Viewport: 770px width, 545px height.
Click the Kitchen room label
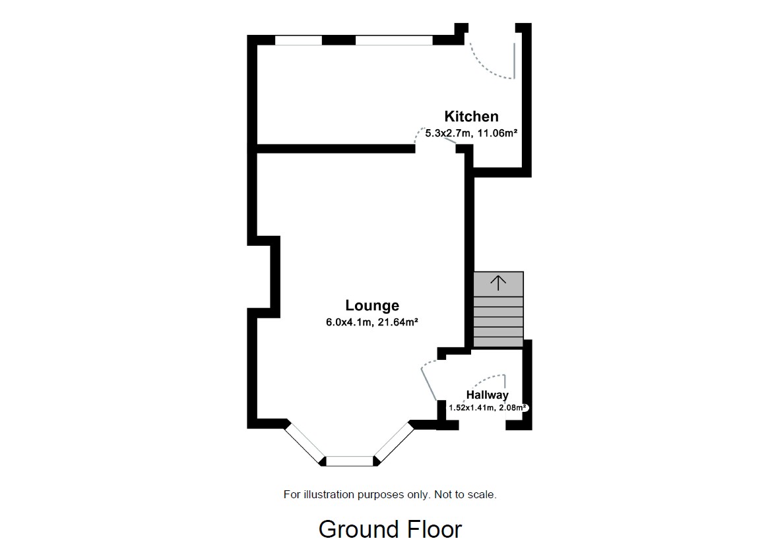471,117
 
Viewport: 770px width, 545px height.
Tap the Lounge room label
372,306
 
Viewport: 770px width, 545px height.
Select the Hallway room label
487,395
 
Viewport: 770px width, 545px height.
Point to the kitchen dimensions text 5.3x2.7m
449,133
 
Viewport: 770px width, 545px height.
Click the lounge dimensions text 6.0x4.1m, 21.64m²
373,323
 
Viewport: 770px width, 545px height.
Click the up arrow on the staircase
498,283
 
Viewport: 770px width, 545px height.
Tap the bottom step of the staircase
498,342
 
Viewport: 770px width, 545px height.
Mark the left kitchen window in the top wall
298,40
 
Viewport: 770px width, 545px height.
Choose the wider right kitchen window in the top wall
394,40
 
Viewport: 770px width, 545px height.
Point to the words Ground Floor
390,529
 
